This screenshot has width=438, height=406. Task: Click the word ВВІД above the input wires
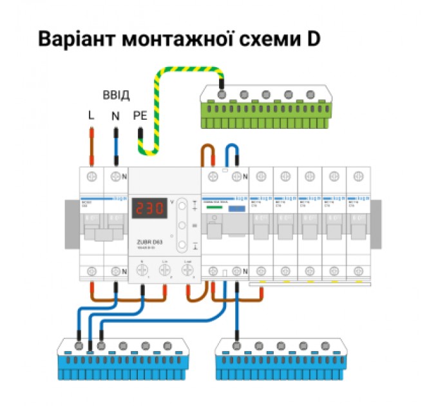(116, 95)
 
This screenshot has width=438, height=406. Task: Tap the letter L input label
(91, 116)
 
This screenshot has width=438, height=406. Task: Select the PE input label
(140, 116)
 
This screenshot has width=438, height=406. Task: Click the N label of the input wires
(115, 116)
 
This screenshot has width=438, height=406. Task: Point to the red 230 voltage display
(149, 209)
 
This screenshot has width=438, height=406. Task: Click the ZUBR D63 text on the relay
(149, 242)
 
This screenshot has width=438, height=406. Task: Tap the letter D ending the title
(313, 39)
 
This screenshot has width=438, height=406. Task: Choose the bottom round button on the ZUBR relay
(182, 244)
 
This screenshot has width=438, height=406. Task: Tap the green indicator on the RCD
(212, 208)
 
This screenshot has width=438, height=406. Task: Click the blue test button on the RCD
(236, 209)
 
